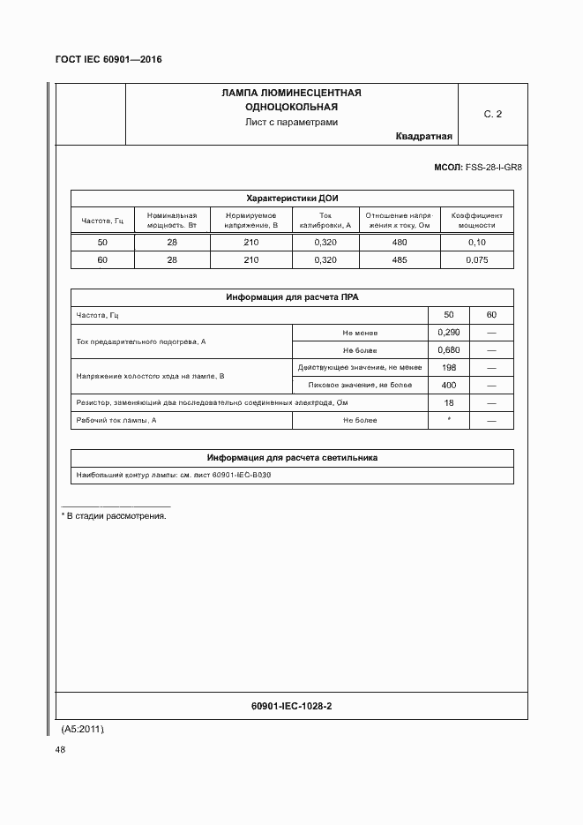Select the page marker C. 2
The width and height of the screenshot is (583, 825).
(492, 115)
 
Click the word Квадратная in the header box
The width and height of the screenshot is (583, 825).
(423, 137)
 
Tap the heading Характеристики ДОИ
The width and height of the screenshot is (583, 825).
(291, 199)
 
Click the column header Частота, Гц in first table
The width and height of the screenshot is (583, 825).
(101, 220)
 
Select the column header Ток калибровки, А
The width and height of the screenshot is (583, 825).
(325, 220)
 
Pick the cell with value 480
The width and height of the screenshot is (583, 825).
(400, 243)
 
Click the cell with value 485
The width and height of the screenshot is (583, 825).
(400, 260)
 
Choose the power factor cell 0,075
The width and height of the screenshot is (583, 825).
(476, 260)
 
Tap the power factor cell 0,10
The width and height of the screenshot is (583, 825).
(476, 243)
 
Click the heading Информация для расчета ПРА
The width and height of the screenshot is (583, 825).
(291, 297)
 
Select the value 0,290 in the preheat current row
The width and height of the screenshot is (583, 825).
(449, 333)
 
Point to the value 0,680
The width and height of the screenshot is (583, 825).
(449, 350)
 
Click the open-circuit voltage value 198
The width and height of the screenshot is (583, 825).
(449, 367)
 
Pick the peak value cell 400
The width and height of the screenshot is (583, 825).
(449, 385)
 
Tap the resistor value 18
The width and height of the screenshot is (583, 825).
(449, 402)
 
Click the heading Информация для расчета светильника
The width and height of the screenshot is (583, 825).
(291, 458)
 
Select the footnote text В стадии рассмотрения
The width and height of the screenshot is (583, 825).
(116, 515)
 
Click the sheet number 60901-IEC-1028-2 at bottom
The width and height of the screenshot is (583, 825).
(291, 707)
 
